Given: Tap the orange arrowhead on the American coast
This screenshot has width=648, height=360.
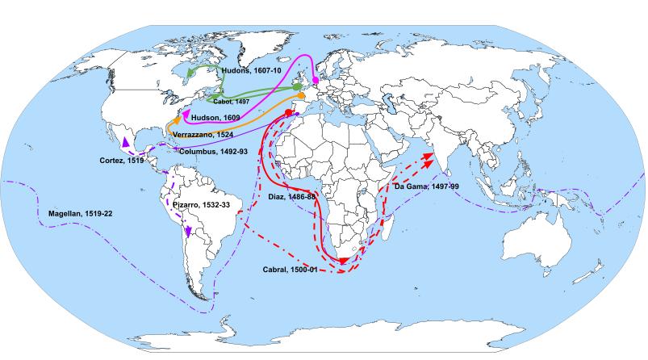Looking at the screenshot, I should pos(176,119).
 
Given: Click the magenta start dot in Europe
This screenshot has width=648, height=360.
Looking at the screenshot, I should pos(316,81).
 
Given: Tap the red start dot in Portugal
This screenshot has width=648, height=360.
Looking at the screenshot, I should pos(288,112).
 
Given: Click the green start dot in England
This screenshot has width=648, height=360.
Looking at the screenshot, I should pos(298,85).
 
